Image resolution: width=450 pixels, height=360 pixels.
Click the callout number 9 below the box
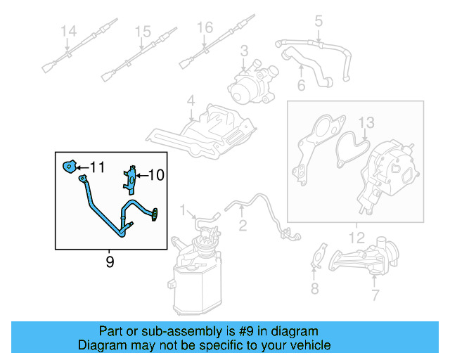(110, 262)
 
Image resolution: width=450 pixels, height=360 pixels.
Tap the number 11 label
(98, 167)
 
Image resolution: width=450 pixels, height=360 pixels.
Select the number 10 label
(156, 175)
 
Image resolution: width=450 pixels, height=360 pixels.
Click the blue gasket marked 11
(70, 167)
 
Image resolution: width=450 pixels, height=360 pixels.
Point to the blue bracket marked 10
(131, 180)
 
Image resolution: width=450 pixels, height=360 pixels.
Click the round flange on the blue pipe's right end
(155, 214)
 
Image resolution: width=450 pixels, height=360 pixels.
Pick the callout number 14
(69, 31)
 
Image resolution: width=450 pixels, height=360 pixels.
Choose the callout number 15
(143, 32)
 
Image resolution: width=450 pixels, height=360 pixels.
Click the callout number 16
(205, 27)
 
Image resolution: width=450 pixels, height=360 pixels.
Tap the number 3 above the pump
(244, 51)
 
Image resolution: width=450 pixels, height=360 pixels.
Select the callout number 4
(191, 101)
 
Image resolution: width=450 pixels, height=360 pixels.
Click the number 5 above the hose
(319, 20)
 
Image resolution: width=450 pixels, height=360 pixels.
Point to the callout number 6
(301, 85)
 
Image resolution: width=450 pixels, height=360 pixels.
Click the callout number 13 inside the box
(366, 122)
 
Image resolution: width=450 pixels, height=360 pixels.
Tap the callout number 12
(356, 238)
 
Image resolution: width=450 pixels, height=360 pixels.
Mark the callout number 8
(315, 288)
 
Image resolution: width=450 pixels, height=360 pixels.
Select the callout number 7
(375, 295)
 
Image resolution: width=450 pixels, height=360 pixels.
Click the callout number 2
(243, 226)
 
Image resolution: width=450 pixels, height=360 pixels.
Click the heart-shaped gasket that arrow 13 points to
(352, 149)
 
